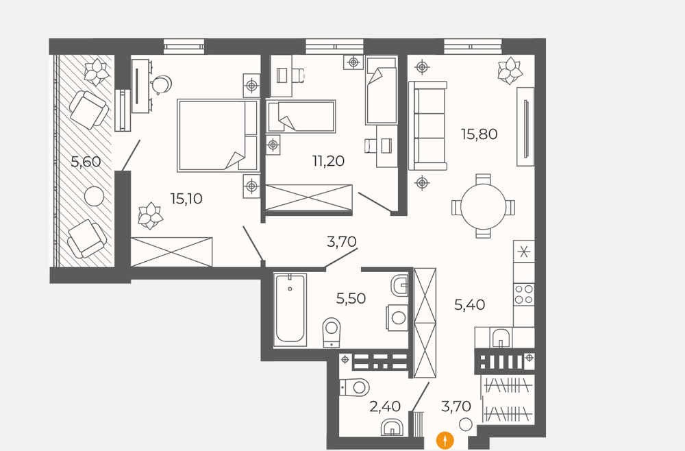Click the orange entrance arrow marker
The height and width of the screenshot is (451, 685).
pos(445,440)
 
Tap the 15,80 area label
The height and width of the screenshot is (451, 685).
pos(480,134)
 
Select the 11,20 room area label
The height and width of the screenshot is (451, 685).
pos(328,161)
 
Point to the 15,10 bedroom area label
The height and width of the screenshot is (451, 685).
pos(186,199)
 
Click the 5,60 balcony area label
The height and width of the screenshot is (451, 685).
pos(86,162)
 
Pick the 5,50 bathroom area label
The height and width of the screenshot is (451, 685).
pos(351,298)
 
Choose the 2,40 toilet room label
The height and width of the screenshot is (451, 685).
pos(385,406)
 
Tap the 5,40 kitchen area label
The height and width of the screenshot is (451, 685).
pos(470,304)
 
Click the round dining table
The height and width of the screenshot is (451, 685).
pos(483,206)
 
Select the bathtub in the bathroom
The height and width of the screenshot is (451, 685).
pos(290,310)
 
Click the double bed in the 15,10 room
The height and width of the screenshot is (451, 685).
pos(218,136)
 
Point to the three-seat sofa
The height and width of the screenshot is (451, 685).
pos(427,126)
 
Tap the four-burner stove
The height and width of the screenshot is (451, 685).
pos(524,294)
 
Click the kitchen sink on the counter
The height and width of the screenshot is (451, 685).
pos(501,338)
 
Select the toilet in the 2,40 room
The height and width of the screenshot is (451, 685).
pos(355,387)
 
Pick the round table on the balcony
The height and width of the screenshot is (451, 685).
pos(94,197)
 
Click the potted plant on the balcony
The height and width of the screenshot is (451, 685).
pos(96,71)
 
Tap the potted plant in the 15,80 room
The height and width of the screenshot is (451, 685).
pos(510,71)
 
